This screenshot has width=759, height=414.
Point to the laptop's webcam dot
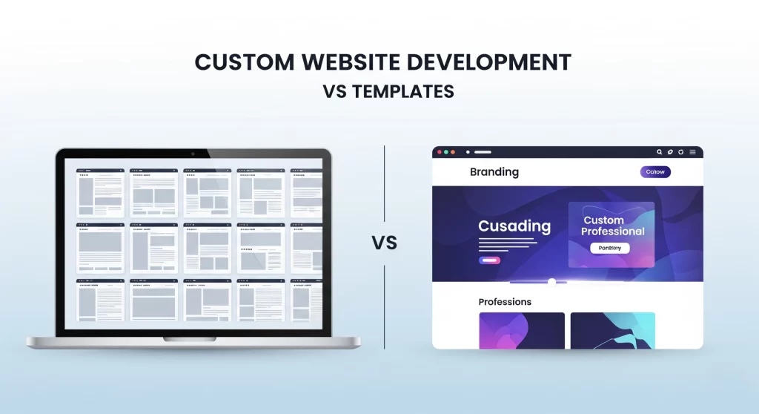(x=193, y=154)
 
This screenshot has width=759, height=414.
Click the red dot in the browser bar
(x=439, y=152)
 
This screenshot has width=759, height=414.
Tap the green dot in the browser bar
(x=453, y=152)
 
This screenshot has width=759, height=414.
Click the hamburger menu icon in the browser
(x=692, y=152)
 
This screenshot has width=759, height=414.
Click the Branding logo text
(x=494, y=172)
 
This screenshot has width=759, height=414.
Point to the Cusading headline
(x=514, y=226)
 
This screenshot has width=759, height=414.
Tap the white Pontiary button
(x=609, y=248)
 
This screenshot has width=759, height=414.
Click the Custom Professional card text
(x=612, y=226)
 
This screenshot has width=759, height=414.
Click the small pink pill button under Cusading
(x=489, y=260)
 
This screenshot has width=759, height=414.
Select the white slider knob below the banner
(x=551, y=282)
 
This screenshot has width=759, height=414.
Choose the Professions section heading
(x=505, y=302)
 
